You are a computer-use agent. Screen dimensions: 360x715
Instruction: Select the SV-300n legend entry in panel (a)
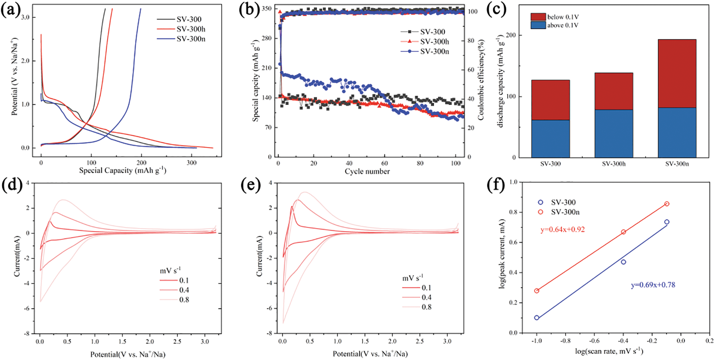click(191, 39)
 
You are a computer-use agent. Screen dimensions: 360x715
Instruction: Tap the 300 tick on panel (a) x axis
click(191, 163)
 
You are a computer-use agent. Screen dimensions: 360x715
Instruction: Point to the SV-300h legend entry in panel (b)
click(434, 41)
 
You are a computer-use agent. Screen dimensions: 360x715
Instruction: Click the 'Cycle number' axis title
click(367, 171)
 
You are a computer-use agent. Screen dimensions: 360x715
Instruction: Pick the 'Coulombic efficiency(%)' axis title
click(481, 80)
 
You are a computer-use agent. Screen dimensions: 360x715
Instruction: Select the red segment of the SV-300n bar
click(677, 74)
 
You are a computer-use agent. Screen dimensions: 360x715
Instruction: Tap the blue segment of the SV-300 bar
click(550, 139)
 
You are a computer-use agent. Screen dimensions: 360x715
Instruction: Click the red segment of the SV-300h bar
click(614, 91)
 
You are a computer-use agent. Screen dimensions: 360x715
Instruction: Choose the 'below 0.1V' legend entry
click(563, 17)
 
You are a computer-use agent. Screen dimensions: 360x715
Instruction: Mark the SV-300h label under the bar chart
click(614, 164)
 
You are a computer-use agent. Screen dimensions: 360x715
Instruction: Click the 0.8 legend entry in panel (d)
click(184, 300)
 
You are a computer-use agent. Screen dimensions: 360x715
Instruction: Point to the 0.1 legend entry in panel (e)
click(426, 288)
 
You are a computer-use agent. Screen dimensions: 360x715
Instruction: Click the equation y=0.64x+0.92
click(563, 230)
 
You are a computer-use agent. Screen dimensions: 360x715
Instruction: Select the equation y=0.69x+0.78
click(653, 285)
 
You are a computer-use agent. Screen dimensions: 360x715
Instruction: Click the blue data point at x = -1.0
click(536, 318)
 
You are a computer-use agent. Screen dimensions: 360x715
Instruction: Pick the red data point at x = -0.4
click(623, 232)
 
